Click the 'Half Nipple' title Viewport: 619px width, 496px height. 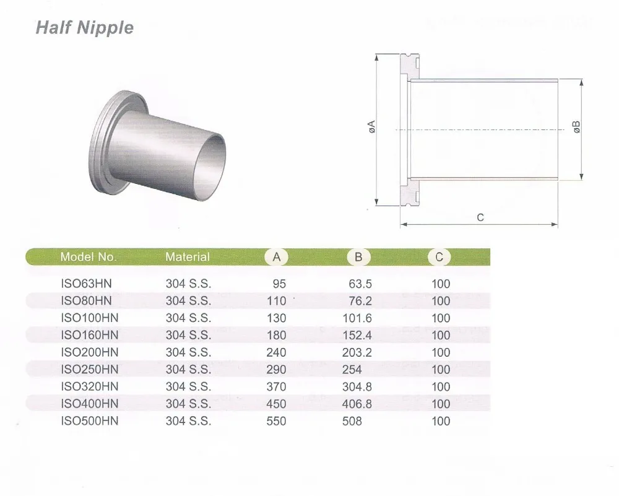click(85, 28)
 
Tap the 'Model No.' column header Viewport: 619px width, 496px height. click(88, 257)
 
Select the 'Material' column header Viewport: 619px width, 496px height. click(188, 257)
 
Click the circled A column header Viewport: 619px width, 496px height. click(277, 257)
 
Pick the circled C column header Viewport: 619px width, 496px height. click(439, 257)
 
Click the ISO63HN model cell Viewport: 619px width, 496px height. click(86, 284)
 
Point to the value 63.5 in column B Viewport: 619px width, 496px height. click(358, 284)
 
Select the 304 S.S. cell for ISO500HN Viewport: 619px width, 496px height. click(188, 421)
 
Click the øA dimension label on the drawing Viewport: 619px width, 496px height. click(371, 128)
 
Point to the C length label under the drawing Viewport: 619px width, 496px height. click(480, 217)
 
